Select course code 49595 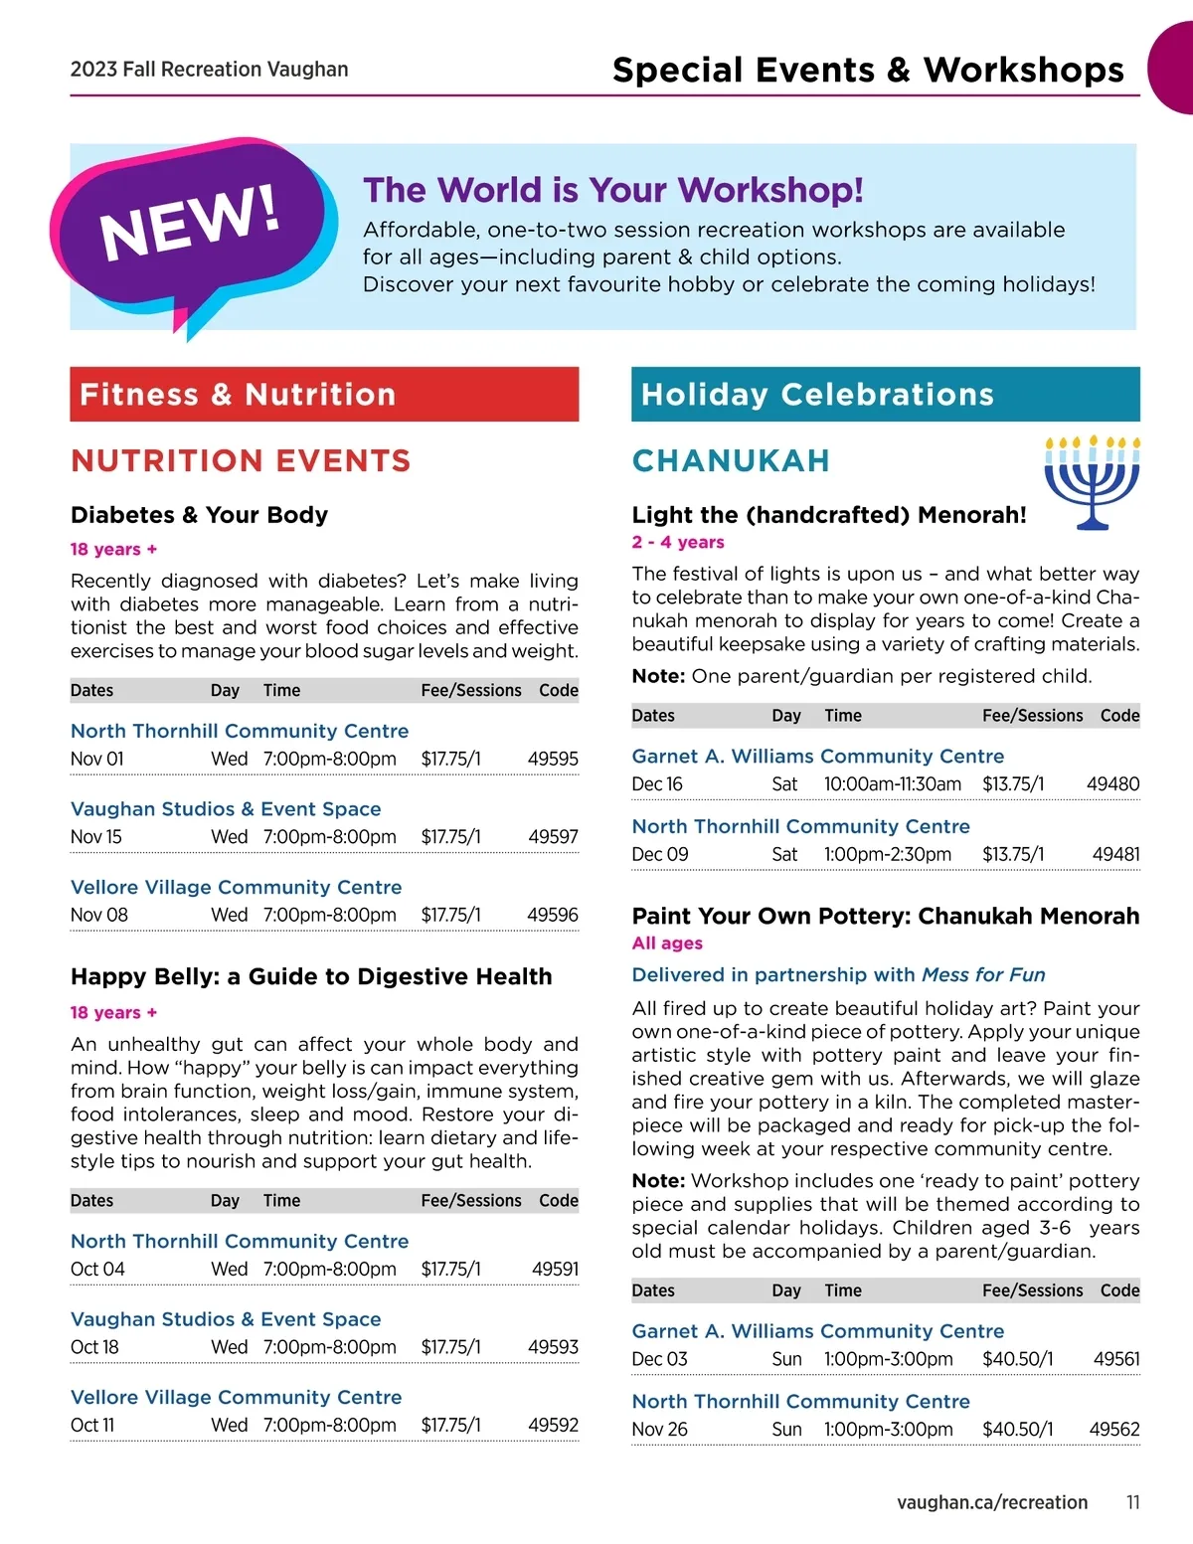coord(553,759)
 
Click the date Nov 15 coord(96,837)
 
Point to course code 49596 coord(553,915)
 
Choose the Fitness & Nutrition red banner coord(324,395)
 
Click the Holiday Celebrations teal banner coord(885,395)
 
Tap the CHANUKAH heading coord(731,460)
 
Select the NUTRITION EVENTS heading coord(241,460)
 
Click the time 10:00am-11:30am coord(893,784)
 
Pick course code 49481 coord(1115,854)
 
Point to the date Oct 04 coord(97,1269)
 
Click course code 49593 coord(553,1347)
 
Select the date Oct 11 coord(92,1425)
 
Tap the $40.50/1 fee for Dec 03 coord(1017,1359)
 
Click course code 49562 coord(1114,1429)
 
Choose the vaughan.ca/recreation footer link coord(992,1502)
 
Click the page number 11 coord(1132,1502)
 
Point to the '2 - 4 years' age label coord(678,542)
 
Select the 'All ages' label coord(667,943)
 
